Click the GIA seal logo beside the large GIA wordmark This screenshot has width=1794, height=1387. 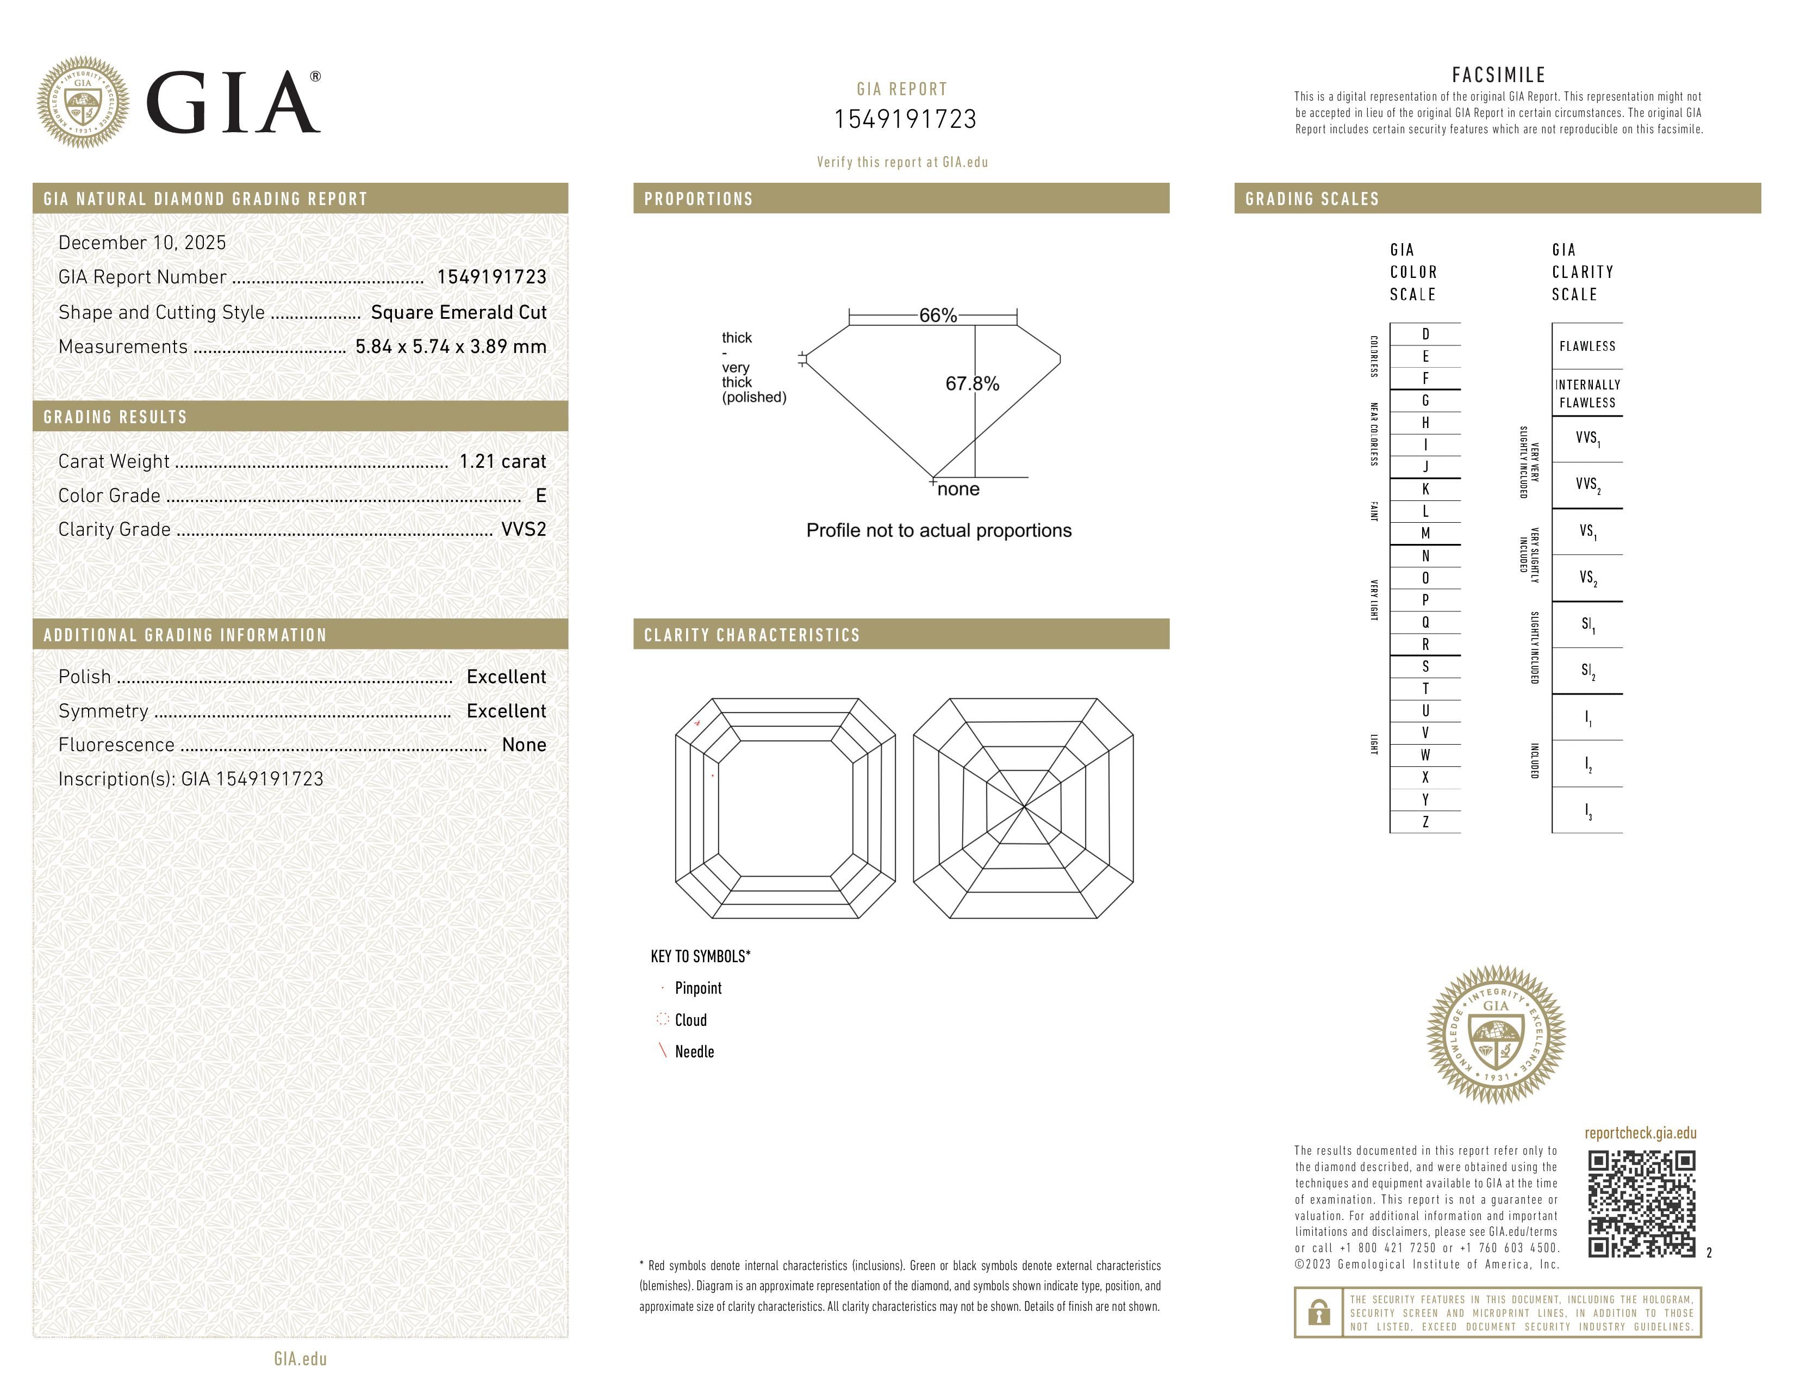(x=82, y=103)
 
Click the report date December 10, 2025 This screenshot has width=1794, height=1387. (x=142, y=243)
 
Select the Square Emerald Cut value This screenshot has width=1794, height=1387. (x=458, y=312)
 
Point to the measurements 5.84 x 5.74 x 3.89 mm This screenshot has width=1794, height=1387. (x=450, y=347)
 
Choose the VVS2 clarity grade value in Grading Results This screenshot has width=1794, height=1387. (x=523, y=529)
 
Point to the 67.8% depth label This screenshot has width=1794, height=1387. (x=972, y=383)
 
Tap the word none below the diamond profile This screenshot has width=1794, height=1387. (x=958, y=490)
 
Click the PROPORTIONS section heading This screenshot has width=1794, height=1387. (x=698, y=199)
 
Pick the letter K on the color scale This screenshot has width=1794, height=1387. (x=1425, y=489)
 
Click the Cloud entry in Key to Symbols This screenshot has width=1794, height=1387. (x=690, y=1020)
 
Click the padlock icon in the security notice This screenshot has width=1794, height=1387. (x=1318, y=1312)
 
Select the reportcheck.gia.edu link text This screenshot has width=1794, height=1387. (x=1640, y=1133)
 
